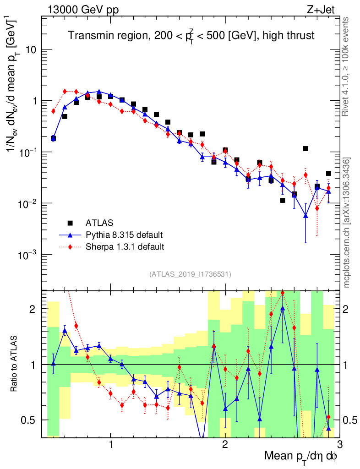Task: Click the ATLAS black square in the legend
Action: pyautogui.click(x=70, y=223)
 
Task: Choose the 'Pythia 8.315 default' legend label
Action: pyautogui.click(x=124, y=235)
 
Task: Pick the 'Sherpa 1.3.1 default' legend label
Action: pyautogui.click(x=125, y=247)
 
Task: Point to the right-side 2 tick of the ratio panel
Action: pyautogui.click(x=349, y=309)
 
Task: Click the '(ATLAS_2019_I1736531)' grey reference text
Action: pyautogui.click(x=191, y=274)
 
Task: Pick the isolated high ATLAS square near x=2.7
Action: pyautogui.click(x=305, y=148)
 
